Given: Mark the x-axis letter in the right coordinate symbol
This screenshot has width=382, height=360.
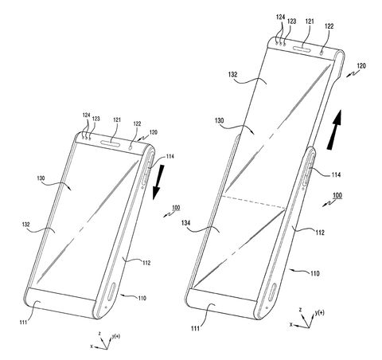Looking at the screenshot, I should (291, 325).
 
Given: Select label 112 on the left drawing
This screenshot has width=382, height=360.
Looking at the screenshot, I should (146, 262).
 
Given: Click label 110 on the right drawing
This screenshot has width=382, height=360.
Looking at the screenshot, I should (316, 272).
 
